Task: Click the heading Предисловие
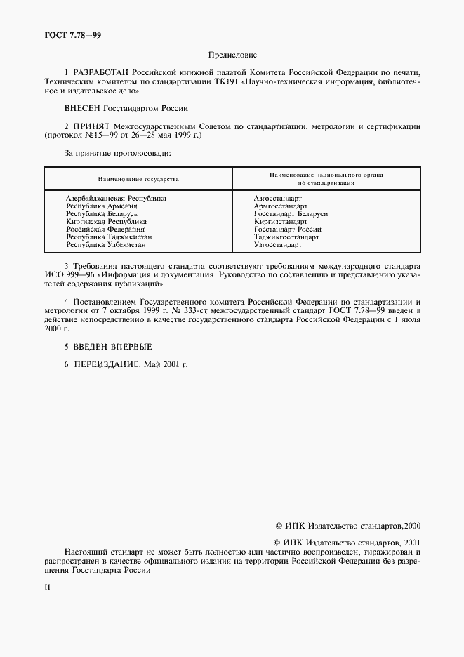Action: click(x=232, y=54)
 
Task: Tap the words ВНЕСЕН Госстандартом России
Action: click(x=126, y=108)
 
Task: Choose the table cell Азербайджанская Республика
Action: click(x=116, y=199)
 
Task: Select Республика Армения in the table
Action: click(x=101, y=206)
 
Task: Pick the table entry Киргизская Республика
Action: click(x=106, y=222)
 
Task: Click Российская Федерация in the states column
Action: click(x=105, y=230)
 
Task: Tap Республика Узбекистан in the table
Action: click(x=106, y=245)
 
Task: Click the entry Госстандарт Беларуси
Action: click(x=291, y=214)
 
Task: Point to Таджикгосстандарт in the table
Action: click(x=286, y=237)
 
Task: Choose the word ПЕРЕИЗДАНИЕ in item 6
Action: click(x=107, y=364)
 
